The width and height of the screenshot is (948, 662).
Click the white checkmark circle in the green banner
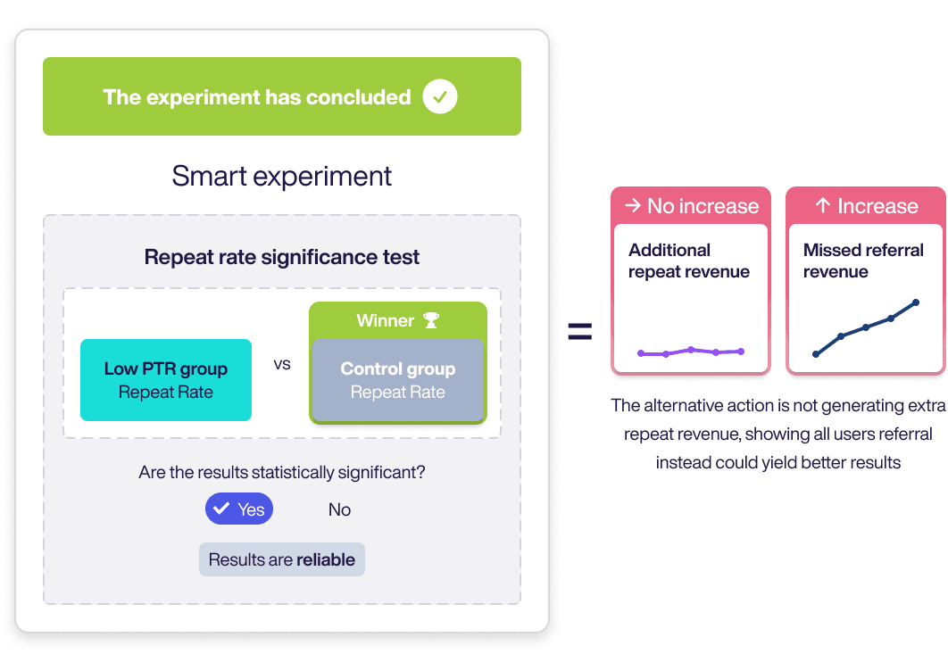click(439, 96)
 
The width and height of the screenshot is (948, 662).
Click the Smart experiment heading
click(282, 177)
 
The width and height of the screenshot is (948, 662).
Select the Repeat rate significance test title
click(282, 257)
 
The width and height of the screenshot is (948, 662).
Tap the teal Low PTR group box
click(166, 380)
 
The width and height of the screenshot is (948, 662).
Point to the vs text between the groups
click(282, 364)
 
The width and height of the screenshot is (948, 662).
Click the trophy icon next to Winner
click(431, 320)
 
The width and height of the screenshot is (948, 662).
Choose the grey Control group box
click(398, 380)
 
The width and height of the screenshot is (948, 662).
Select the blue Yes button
click(239, 509)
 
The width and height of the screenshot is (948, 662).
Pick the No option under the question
click(339, 509)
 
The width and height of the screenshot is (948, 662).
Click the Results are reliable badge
click(282, 559)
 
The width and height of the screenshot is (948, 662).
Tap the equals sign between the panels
click(580, 332)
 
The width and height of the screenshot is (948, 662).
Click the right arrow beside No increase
click(632, 205)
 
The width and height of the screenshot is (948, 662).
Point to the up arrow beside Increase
click(822, 205)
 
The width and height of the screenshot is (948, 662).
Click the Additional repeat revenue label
click(688, 261)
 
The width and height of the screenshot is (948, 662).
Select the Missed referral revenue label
click(863, 261)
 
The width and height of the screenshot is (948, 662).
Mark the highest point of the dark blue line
click(916, 302)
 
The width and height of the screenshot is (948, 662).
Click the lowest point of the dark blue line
click(816, 354)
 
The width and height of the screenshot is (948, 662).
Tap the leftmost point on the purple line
click(641, 353)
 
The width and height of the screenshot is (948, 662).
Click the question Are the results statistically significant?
click(282, 472)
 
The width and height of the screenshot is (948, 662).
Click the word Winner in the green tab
click(385, 320)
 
